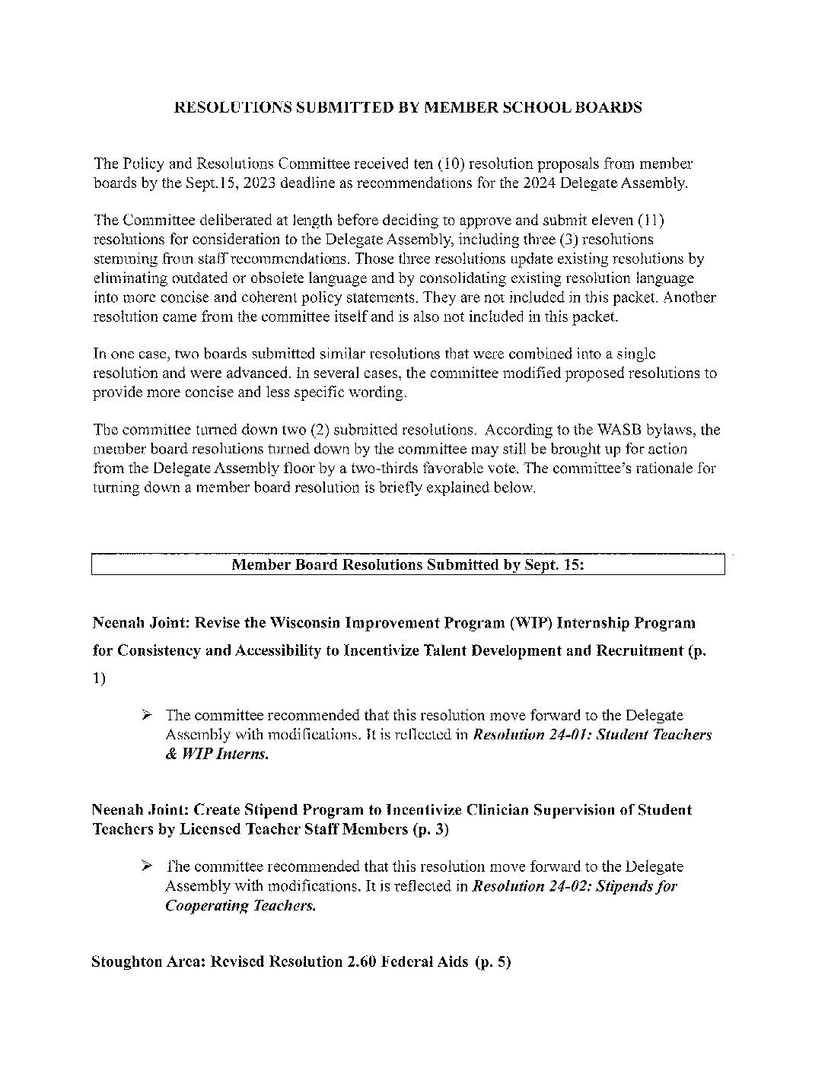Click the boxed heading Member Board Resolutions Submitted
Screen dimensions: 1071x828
tap(407, 565)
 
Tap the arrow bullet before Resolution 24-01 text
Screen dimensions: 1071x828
tap(148, 715)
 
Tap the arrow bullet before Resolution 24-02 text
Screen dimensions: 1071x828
tap(148, 866)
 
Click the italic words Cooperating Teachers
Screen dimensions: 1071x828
tap(240, 906)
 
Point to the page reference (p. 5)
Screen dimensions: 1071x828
tap(492, 962)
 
